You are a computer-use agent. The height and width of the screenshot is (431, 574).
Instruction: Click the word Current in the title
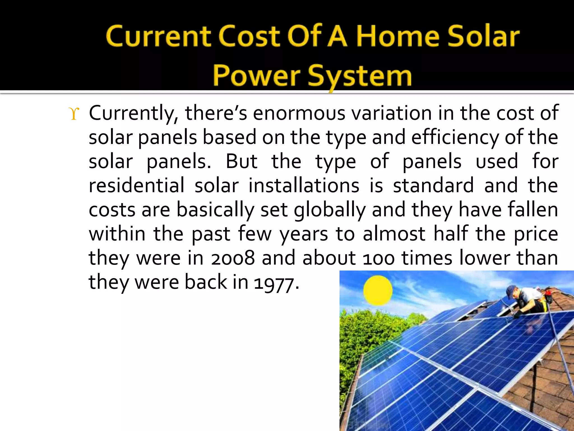pyautogui.click(x=158, y=36)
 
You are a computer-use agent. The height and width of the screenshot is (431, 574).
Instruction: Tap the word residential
pyautogui.click(x=136, y=186)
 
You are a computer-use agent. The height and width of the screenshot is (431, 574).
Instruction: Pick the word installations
pyautogui.click(x=304, y=186)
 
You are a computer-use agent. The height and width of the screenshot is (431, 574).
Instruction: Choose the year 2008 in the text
pyautogui.click(x=233, y=258)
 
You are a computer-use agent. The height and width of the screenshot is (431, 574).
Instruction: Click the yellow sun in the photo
pyautogui.click(x=378, y=290)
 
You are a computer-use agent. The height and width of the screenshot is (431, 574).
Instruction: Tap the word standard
pyautogui.click(x=433, y=186)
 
